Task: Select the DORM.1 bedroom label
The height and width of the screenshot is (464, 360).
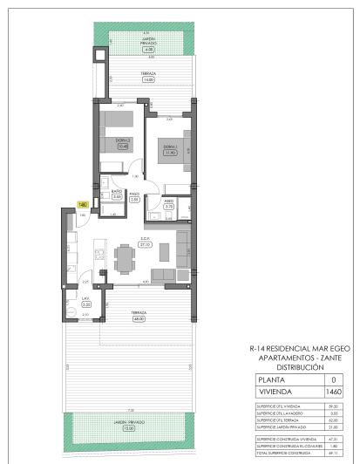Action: pyautogui.click(x=172, y=146)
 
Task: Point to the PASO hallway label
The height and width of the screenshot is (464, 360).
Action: pyautogui.click(x=134, y=194)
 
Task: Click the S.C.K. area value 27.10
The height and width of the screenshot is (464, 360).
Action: pyautogui.click(x=146, y=246)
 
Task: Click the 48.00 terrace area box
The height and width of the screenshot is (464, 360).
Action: pyautogui.click(x=139, y=318)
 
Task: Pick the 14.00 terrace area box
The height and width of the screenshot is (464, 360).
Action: pyautogui.click(x=149, y=79)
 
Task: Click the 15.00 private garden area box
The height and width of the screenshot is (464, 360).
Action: pyautogui.click(x=130, y=428)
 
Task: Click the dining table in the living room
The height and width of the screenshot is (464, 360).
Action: pyautogui.click(x=126, y=256)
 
